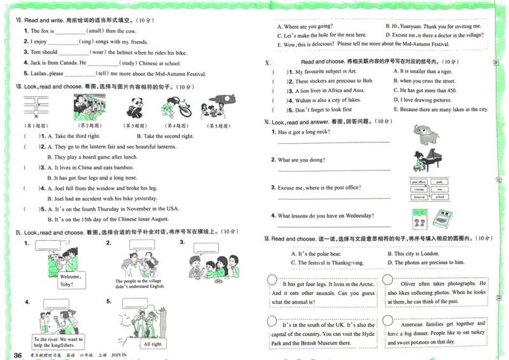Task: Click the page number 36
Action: [18, 354]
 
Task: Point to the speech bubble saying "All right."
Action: [153, 344]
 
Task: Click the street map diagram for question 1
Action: [36, 106]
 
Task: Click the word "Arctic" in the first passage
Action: [360, 284]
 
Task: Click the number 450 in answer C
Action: [454, 90]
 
